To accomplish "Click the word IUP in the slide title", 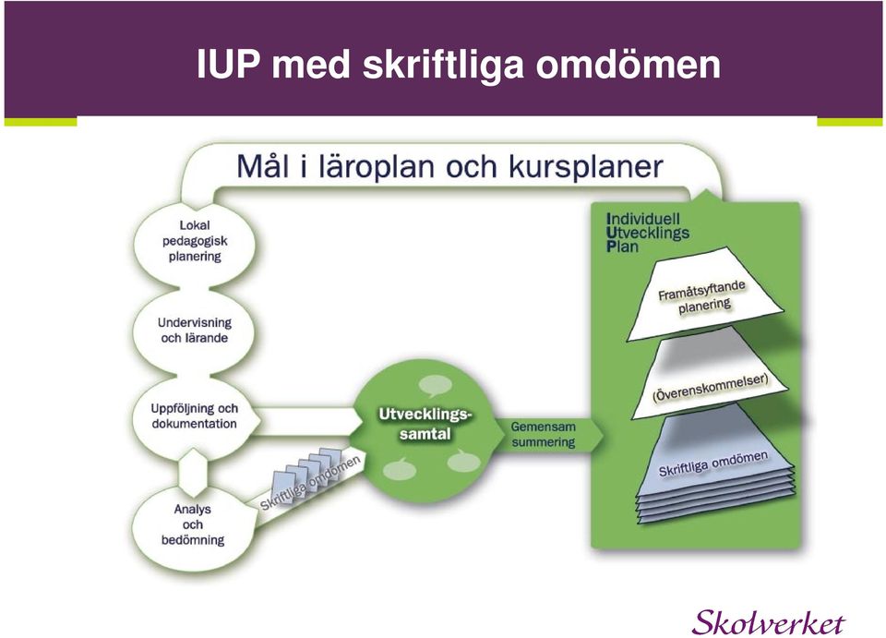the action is tap(228, 64).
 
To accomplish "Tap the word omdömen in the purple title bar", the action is tap(628, 64).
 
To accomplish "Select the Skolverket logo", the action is tap(769, 622).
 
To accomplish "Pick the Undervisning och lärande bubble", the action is tap(195, 331).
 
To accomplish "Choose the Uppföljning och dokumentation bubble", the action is tap(195, 416).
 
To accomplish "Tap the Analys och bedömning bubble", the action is tap(193, 525).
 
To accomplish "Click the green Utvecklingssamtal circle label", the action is tap(425, 424).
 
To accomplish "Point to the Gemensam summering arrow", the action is tap(545, 435).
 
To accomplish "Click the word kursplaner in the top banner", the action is tap(585, 167).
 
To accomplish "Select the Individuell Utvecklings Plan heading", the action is tap(648, 233).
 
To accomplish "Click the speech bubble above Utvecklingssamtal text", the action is tap(436, 385).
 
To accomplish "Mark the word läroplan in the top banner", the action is tap(376, 167).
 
